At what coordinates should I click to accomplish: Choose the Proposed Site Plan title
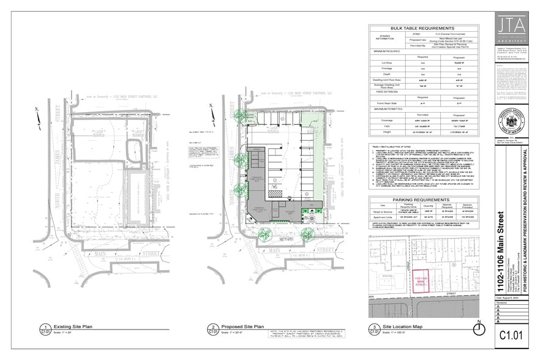[244, 327]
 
